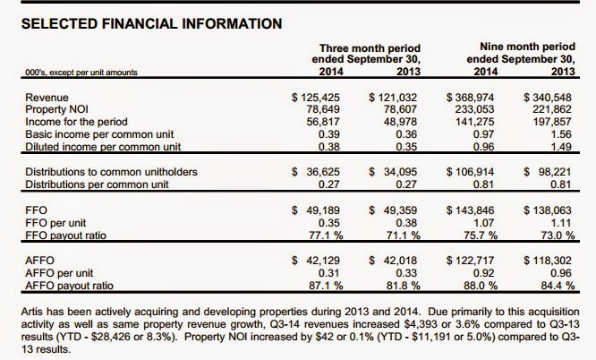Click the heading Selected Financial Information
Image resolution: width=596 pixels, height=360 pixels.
coord(151,23)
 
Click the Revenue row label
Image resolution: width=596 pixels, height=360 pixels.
coord(47,98)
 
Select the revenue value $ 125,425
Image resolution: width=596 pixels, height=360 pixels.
coord(316,98)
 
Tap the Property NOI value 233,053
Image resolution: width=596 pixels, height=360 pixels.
coord(475,109)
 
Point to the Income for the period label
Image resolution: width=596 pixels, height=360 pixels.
coord(76,122)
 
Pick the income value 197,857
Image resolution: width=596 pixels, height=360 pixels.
coord(552,122)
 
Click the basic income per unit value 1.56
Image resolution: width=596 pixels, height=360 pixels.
coord(560,134)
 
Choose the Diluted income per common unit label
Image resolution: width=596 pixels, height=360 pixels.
coord(103,147)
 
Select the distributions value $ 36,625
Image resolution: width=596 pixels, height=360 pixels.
coord(316,172)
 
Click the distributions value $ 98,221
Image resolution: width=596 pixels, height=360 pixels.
coord(548,172)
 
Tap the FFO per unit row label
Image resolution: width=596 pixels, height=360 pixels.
coord(55,223)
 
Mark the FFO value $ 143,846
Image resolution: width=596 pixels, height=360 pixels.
coord(470,210)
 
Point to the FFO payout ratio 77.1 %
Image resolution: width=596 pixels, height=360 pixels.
coord(326,236)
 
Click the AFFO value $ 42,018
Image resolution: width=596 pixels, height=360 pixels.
coord(393,261)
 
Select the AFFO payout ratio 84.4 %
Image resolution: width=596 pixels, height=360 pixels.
coord(558,286)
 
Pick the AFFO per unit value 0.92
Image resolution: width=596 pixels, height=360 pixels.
coord(483,273)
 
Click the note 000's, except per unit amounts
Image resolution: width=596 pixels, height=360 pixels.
coord(81,73)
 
